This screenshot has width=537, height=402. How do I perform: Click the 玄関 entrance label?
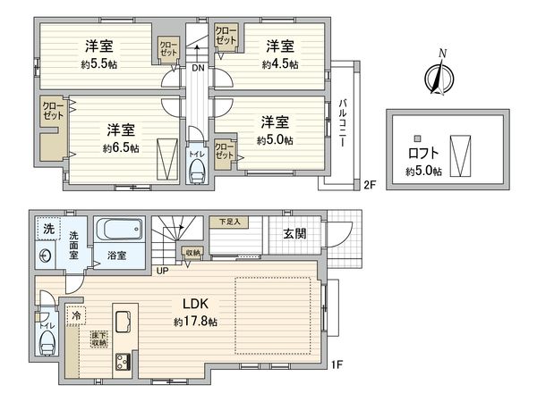[x=295, y=234]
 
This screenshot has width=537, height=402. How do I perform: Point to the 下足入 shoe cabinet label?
[x=230, y=221]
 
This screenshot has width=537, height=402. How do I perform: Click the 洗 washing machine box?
[x=47, y=230]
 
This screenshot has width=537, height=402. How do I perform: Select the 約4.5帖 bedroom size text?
[x=280, y=63]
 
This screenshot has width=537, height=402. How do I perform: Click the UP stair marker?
[x=161, y=270]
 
